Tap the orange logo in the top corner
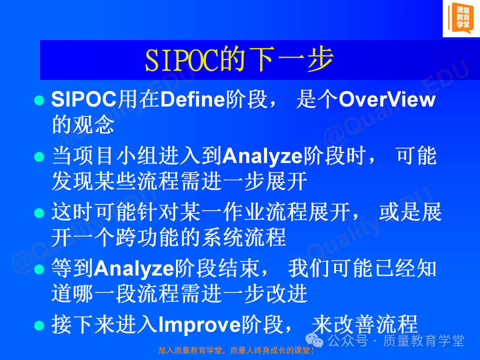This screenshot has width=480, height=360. pos(461,18)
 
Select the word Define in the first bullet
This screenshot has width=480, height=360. pos(192,100)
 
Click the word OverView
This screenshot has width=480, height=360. pos(387,100)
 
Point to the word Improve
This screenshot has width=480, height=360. pos(200,325)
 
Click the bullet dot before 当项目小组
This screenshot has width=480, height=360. pos(39,156)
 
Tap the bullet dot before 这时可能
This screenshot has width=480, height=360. pos(39,213)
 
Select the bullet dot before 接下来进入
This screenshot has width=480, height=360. pos(39,325)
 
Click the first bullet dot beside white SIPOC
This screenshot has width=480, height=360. pos(39,100)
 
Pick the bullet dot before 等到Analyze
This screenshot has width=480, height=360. pos(39,269)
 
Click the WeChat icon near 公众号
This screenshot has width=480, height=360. pos(314,340)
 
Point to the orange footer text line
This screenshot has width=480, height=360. pos(236,350)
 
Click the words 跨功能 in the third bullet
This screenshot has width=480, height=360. pos(148,237)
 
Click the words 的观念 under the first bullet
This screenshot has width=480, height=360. pos(83,125)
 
